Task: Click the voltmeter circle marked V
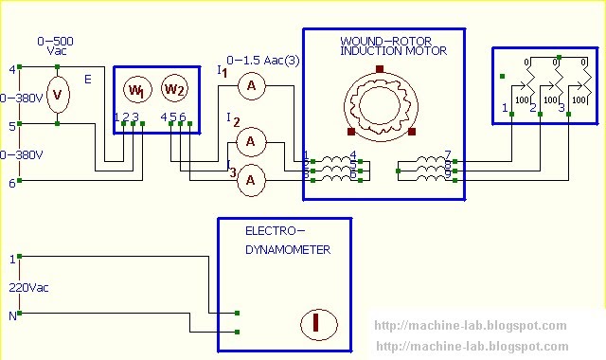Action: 58,95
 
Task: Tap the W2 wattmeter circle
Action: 173,89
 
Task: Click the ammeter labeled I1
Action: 251,86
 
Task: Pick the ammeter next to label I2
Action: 251,142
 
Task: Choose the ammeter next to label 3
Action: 251,178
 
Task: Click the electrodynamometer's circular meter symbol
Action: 319,324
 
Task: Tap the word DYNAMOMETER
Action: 288,250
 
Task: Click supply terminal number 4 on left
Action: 12,69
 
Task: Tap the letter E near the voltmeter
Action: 88,81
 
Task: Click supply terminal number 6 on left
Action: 12,182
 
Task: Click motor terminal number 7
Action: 447,153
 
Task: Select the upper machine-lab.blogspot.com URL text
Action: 472,325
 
